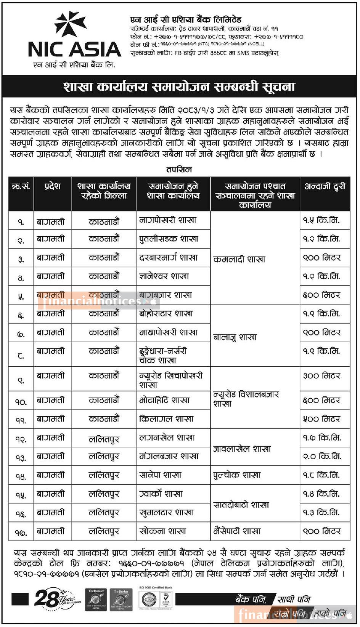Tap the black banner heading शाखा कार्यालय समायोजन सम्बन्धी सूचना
pos(179,87)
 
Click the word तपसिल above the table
pos(179,169)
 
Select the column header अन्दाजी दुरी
pos(325,186)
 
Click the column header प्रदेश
pos(53,186)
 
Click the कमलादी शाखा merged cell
pos(239,260)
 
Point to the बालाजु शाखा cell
pos(235,337)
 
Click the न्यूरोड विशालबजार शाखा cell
pos(246,399)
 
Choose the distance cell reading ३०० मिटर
pos(321,376)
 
